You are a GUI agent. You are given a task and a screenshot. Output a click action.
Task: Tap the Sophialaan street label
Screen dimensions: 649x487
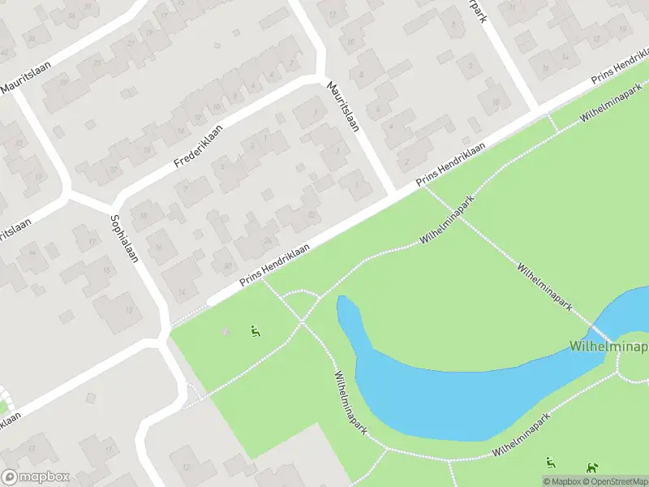coord(124,239)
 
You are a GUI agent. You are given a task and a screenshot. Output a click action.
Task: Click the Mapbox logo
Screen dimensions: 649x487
coord(36,477)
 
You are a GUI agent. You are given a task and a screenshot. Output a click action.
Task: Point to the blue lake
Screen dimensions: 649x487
coord(454,390)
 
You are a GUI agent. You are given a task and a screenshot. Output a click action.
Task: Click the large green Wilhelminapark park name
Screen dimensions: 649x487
coord(608,347)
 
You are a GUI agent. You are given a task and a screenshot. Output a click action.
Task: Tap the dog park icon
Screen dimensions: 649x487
coord(594,466)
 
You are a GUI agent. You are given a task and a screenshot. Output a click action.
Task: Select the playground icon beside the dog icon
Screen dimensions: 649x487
coord(552,463)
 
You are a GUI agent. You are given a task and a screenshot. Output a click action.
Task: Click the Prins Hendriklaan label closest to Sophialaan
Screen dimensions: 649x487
coord(275,265)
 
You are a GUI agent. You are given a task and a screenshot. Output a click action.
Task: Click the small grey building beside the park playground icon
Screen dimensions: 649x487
coord(226,331)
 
